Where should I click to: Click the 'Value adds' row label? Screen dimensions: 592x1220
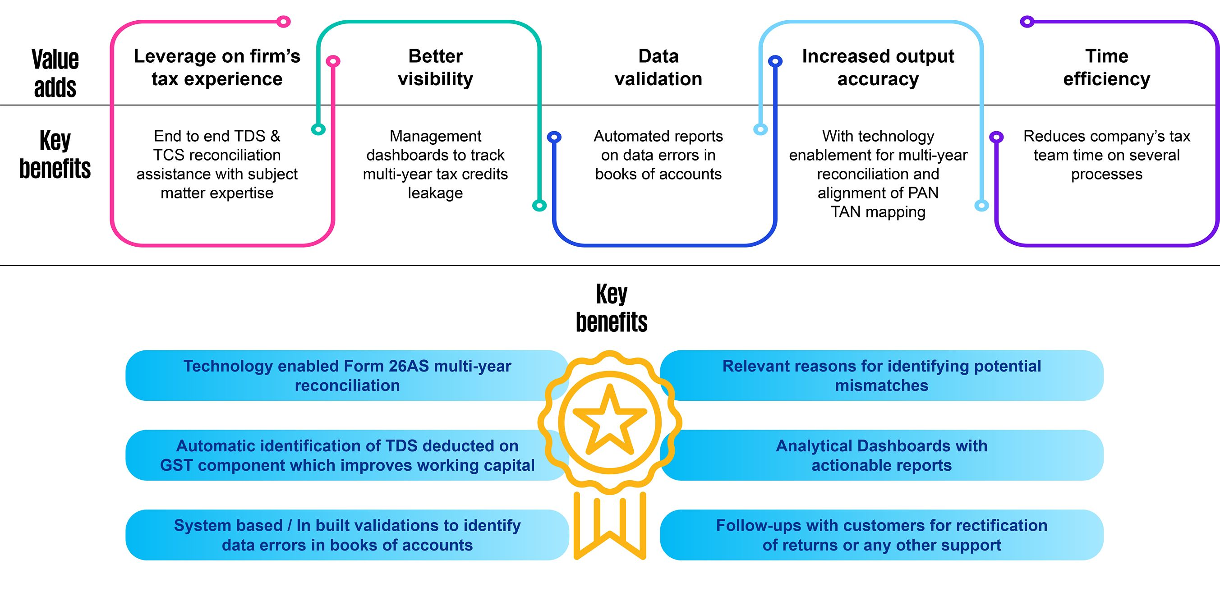(x=55, y=73)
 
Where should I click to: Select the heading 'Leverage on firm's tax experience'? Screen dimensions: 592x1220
(x=217, y=67)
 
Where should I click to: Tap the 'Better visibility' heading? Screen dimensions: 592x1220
(x=435, y=67)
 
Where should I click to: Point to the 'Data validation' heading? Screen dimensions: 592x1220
(x=658, y=67)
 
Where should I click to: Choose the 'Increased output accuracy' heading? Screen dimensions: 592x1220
(x=878, y=67)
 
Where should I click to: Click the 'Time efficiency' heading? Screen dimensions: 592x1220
(x=1106, y=67)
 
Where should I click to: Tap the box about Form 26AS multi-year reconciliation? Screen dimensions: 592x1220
(x=347, y=376)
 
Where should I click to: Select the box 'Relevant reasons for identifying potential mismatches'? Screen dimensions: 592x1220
(x=881, y=376)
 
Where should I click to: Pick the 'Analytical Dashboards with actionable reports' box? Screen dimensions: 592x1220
(x=881, y=455)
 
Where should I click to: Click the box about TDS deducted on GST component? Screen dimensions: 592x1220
(x=347, y=455)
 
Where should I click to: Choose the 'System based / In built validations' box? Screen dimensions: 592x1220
(x=347, y=535)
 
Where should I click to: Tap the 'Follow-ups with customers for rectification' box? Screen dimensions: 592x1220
(x=881, y=535)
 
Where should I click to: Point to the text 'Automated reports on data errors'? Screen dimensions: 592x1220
(x=658, y=155)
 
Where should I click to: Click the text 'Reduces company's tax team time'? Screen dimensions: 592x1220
(x=1106, y=155)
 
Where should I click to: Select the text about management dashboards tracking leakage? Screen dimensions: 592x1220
(x=435, y=164)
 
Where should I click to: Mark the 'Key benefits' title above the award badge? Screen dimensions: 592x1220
(x=611, y=308)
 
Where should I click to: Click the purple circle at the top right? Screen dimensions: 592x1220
(x=1027, y=21)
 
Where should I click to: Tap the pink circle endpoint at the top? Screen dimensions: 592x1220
(x=283, y=21)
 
